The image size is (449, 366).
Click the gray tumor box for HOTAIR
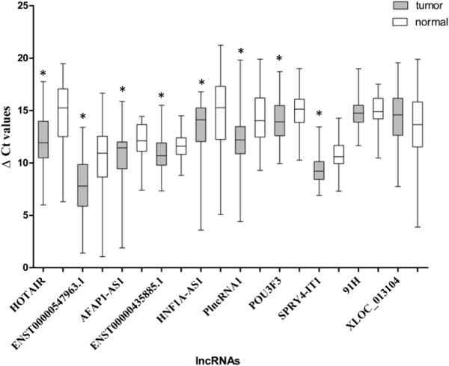[43, 139]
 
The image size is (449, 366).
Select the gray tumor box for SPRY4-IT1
[318, 170]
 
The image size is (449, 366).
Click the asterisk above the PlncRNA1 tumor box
[240, 52]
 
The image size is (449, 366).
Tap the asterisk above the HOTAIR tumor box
[43, 73]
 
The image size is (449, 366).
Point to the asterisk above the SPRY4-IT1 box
[318, 114]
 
